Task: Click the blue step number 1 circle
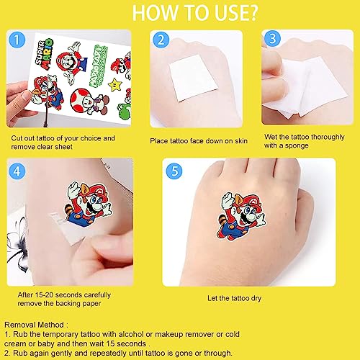pyautogui.click(x=17, y=40)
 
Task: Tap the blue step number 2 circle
pyautogui.click(x=161, y=40)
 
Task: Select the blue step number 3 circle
pyautogui.click(x=272, y=38)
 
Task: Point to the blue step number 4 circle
pyautogui.click(x=17, y=171)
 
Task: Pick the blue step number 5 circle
pyautogui.click(x=174, y=171)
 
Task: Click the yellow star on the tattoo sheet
pyautogui.click(x=115, y=84)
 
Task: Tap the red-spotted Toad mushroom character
pyautogui.click(x=89, y=101)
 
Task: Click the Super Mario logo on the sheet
pyautogui.click(x=44, y=54)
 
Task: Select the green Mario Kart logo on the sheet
pyautogui.click(x=99, y=66)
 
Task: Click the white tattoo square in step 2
pyautogui.click(x=194, y=78)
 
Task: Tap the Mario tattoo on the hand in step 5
pyautogui.click(x=241, y=215)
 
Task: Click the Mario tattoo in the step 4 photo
pyautogui.click(x=88, y=204)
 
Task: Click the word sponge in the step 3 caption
pyautogui.click(x=297, y=145)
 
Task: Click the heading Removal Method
pyautogui.click(x=35, y=325)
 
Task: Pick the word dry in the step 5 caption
pyautogui.click(x=256, y=299)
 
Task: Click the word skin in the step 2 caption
pyautogui.click(x=240, y=140)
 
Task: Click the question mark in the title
pyautogui.click(x=253, y=13)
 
